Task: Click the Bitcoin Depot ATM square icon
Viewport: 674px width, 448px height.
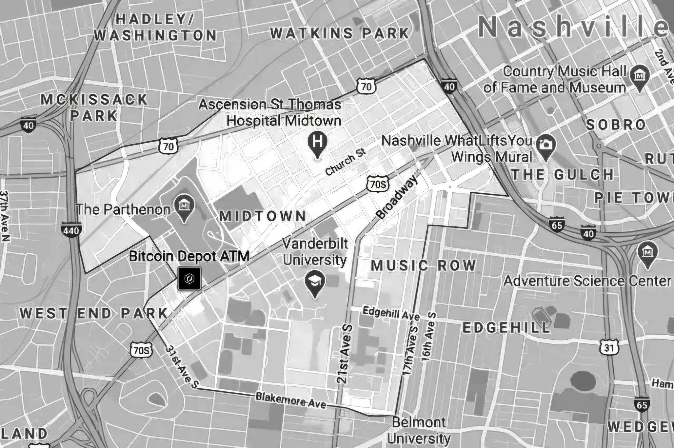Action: [x=189, y=278]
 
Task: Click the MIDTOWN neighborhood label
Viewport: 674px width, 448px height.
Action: [x=263, y=216]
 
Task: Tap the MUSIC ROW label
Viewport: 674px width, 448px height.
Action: [x=423, y=265]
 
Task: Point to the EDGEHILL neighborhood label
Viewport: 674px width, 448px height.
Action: [x=506, y=328]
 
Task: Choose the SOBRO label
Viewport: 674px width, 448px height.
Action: [x=616, y=125]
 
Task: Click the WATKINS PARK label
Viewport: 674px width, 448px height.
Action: [x=339, y=33]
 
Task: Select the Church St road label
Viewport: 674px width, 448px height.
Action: [x=345, y=164]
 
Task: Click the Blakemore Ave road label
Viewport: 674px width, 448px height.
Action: [x=290, y=401]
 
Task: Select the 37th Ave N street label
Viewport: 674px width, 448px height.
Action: [x=5, y=216]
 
